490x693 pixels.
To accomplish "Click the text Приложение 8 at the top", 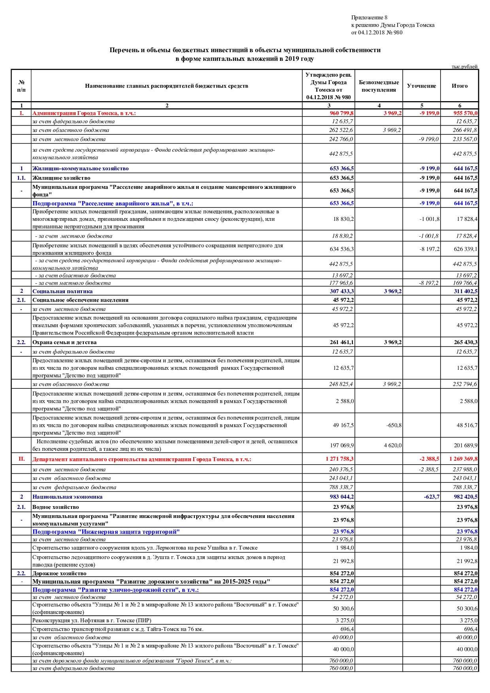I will click(x=369, y=17).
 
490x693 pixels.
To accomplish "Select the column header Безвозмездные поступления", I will click(x=379, y=86).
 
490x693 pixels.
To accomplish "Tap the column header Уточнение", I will click(x=421, y=86).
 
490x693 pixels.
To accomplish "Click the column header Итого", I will click(x=459, y=86).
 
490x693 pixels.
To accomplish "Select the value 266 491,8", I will click(x=464, y=130).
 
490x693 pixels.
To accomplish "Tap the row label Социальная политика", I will click(x=62, y=291).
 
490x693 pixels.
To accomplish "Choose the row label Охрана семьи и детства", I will click(x=64, y=342).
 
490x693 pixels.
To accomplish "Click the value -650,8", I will click(x=394, y=426).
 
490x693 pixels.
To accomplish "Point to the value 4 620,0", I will click(x=392, y=445).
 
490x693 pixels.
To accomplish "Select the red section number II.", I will click(x=21, y=459).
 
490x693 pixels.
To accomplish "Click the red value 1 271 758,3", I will click(x=339, y=459).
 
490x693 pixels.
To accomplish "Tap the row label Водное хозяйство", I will click(x=55, y=507).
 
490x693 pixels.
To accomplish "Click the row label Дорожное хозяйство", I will click(x=59, y=573).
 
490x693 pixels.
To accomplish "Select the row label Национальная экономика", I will click(x=67, y=497).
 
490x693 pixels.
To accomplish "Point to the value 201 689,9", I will click(x=465, y=445).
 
